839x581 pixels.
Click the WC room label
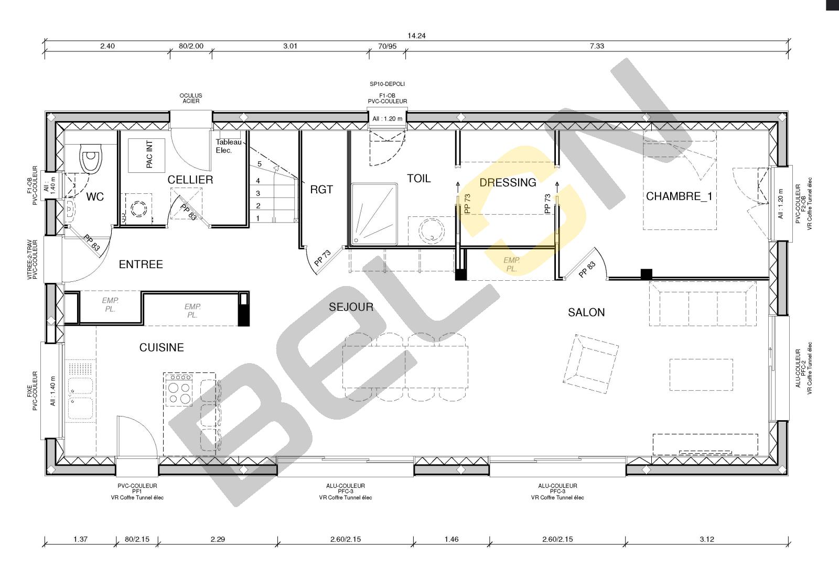click(x=95, y=197)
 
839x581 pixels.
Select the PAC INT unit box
click(x=146, y=155)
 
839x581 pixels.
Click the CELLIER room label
click(x=190, y=180)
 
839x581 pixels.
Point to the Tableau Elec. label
click(x=229, y=146)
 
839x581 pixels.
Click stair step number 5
click(x=259, y=164)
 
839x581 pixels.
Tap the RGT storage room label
click(x=321, y=190)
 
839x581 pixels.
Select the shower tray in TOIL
click(x=374, y=214)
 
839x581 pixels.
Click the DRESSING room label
click(x=508, y=182)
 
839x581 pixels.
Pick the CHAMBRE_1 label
click(x=679, y=196)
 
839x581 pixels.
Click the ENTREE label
click(x=141, y=265)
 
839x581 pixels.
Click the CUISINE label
click(x=162, y=347)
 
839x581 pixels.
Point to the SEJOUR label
click(x=351, y=307)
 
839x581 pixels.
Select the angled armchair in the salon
click(x=590, y=364)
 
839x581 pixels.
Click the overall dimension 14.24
click(x=416, y=36)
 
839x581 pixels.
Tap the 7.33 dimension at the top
click(x=597, y=46)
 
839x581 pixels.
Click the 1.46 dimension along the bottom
click(x=451, y=539)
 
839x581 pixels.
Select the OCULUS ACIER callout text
click(x=191, y=98)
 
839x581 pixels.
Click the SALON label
click(x=586, y=312)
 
